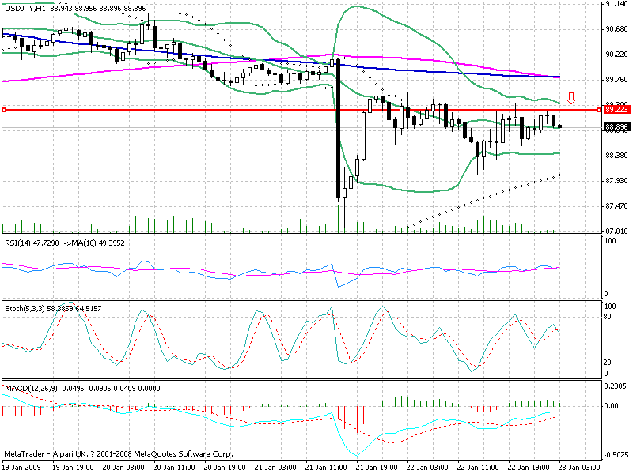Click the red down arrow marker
click(x=571, y=99)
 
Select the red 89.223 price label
click(x=616, y=110)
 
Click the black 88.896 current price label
click(x=616, y=126)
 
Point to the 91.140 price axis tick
click(x=616, y=4)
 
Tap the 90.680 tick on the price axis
click(x=616, y=29)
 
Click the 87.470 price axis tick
click(x=616, y=206)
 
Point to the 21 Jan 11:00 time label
click(x=328, y=468)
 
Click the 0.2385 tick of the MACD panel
click(x=616, y=387)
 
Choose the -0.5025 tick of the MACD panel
click(x=616, y=454)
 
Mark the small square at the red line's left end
click(x=4, y=110)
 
